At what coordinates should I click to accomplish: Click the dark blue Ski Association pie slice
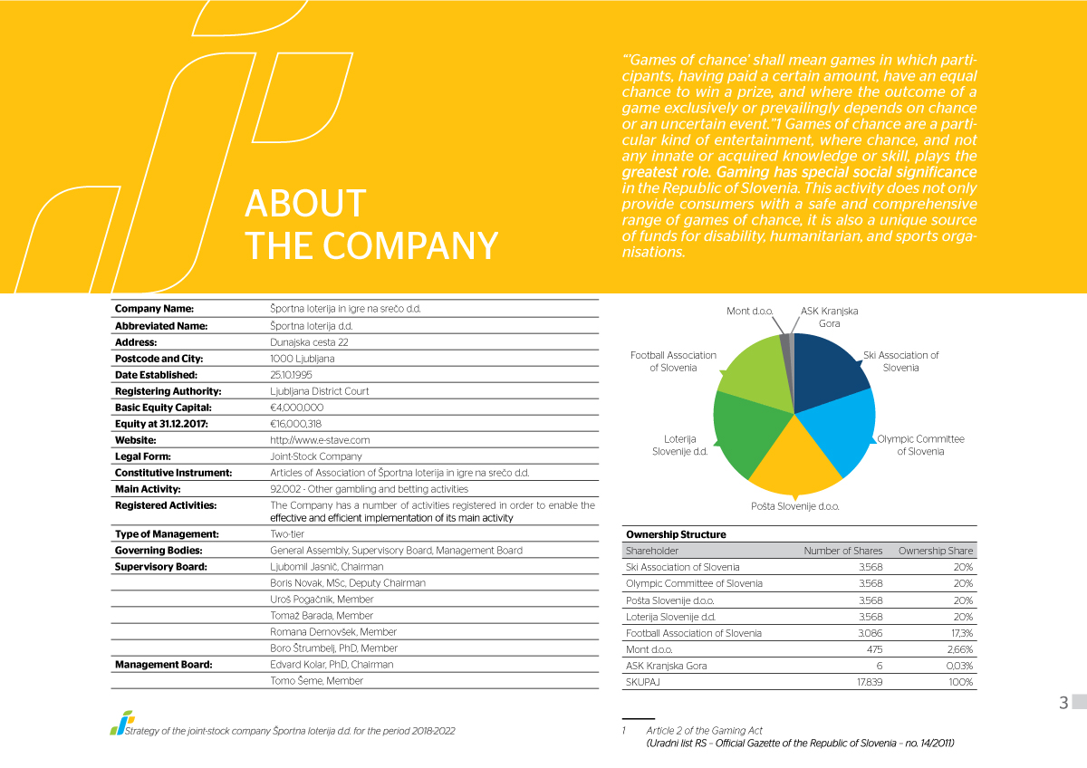click(x=827, y=373)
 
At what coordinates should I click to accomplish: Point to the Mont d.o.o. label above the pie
click(x=749, y=311)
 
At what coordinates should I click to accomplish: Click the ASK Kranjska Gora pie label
click(x=829, y=317)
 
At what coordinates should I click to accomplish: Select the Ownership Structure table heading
click(x=676, y=534)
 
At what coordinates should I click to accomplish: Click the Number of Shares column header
click(x=843, y=551)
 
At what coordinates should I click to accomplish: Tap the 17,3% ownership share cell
click(x=962, y=633)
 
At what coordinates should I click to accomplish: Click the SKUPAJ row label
click(x=642, y=682)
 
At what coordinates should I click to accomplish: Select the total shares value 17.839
click(x=870, y=682)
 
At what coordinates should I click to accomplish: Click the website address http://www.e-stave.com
click(x=320, y=440)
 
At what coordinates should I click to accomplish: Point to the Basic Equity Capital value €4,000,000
click(x=296, y=408)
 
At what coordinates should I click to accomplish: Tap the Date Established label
click(x=156, y=375)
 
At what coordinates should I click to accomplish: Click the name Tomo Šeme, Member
click(x=316, y=681)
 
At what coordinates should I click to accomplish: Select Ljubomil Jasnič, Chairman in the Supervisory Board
click(x=327, y=567)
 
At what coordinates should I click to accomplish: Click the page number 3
click(x=1063, y=703)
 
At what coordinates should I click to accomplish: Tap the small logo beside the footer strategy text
click(x=121, y=723)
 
